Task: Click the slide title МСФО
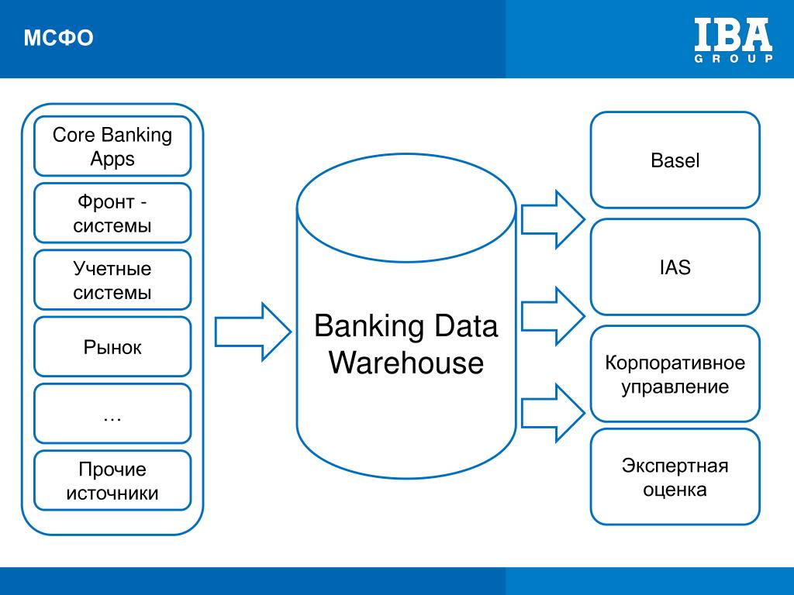[58, 38]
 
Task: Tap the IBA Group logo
[734, 40]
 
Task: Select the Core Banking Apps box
[112, 146]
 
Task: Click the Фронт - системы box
[112, 213]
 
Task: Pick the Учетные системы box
[112, 280]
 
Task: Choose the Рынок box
[112, 346]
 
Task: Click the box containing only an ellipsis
[112, 414]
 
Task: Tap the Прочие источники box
[112, 480]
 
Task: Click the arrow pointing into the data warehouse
[253, 332]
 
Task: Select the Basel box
[675, 160]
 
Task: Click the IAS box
[675, 267]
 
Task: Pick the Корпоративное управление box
[675, 374]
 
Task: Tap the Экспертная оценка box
[675, 476]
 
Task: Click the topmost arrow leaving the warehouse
[553, 219]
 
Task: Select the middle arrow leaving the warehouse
[553, 316]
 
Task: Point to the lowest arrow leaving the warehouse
[553, 413]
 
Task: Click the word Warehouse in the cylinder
[406, 363]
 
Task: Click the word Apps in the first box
[112, 160]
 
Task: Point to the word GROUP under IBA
[734, 58]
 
